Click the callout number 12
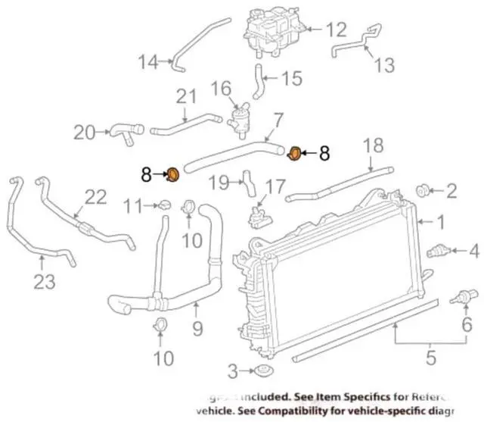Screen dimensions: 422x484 pos(335,30)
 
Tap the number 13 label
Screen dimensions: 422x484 pos(384,66)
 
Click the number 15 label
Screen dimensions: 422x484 pos(291,77)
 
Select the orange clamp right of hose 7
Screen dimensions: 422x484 pos(295,154)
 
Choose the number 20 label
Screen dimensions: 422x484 pos(85,133)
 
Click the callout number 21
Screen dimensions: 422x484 pos(186,96)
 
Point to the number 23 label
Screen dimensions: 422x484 pos(43,282)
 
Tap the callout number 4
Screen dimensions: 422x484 pos(473,250)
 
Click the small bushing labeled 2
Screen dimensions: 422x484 pos(425,190)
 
